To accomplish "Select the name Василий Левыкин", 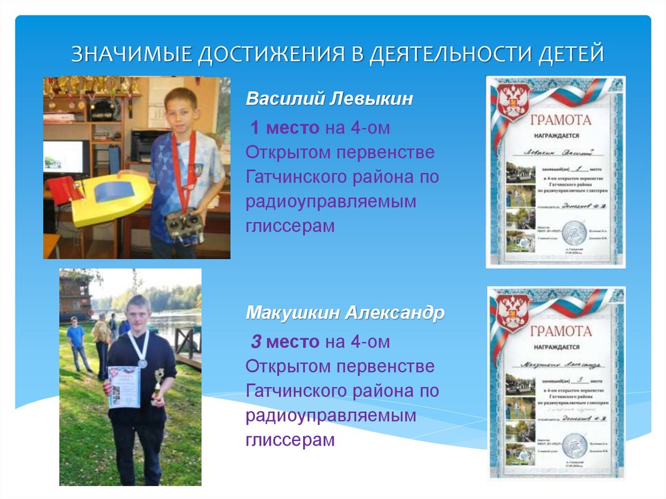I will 329,100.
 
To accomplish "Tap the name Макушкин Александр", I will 345,313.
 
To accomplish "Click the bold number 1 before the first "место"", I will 256,128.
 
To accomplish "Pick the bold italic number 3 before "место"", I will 256,342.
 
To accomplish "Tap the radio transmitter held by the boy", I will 183,224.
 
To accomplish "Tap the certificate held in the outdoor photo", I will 124,387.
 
